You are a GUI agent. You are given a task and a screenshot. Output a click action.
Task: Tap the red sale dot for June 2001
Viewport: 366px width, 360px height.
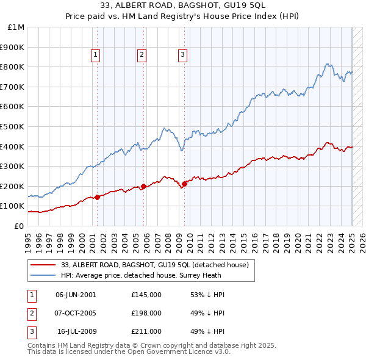click(97, 197)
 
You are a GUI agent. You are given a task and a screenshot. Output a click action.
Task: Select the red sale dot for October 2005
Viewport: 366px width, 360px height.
click(144, 187)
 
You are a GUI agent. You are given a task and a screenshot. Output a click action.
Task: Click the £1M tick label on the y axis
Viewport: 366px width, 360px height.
click(16, 27)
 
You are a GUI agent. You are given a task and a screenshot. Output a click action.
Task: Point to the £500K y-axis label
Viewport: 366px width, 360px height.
click(13, 126)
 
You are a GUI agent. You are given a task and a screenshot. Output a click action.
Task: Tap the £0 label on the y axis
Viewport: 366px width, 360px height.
click(19, 226)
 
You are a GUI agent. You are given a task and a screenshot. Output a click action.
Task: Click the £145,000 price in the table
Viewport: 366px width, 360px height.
click(146, 294)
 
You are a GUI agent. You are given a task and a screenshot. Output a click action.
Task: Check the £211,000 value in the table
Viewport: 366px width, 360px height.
click(146, 331)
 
